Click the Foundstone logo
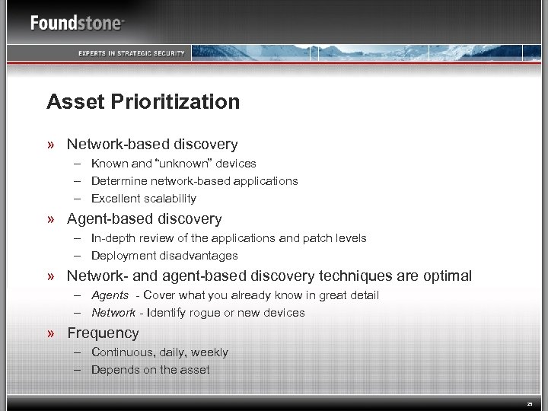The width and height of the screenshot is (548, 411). coord(77,23)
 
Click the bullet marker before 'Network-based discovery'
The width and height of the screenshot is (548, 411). coord(50,145)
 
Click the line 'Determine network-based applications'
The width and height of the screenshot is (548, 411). coord(194,181)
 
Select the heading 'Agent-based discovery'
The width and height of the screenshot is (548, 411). coord(144,219)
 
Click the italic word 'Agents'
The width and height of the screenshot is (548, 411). coord(110,295)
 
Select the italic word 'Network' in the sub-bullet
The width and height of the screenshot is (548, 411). coord(113,313)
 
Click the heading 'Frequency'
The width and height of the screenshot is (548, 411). coord(103,333)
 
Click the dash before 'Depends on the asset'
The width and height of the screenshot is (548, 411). coord(78,370)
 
